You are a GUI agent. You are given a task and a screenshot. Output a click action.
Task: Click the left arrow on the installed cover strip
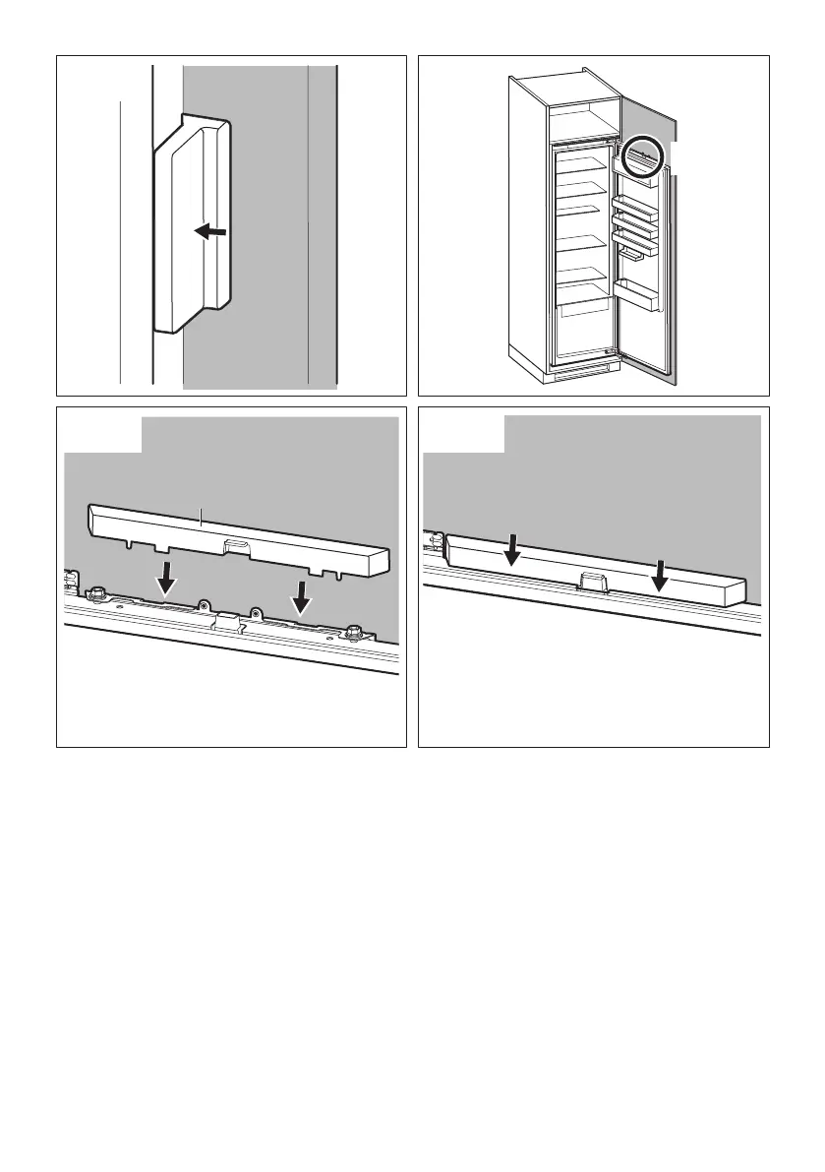click(x=511, y=550)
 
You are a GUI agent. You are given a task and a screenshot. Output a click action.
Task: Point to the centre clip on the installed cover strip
click(x=591, y=583)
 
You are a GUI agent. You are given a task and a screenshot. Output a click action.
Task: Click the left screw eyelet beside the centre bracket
click(x=203, y=605)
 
